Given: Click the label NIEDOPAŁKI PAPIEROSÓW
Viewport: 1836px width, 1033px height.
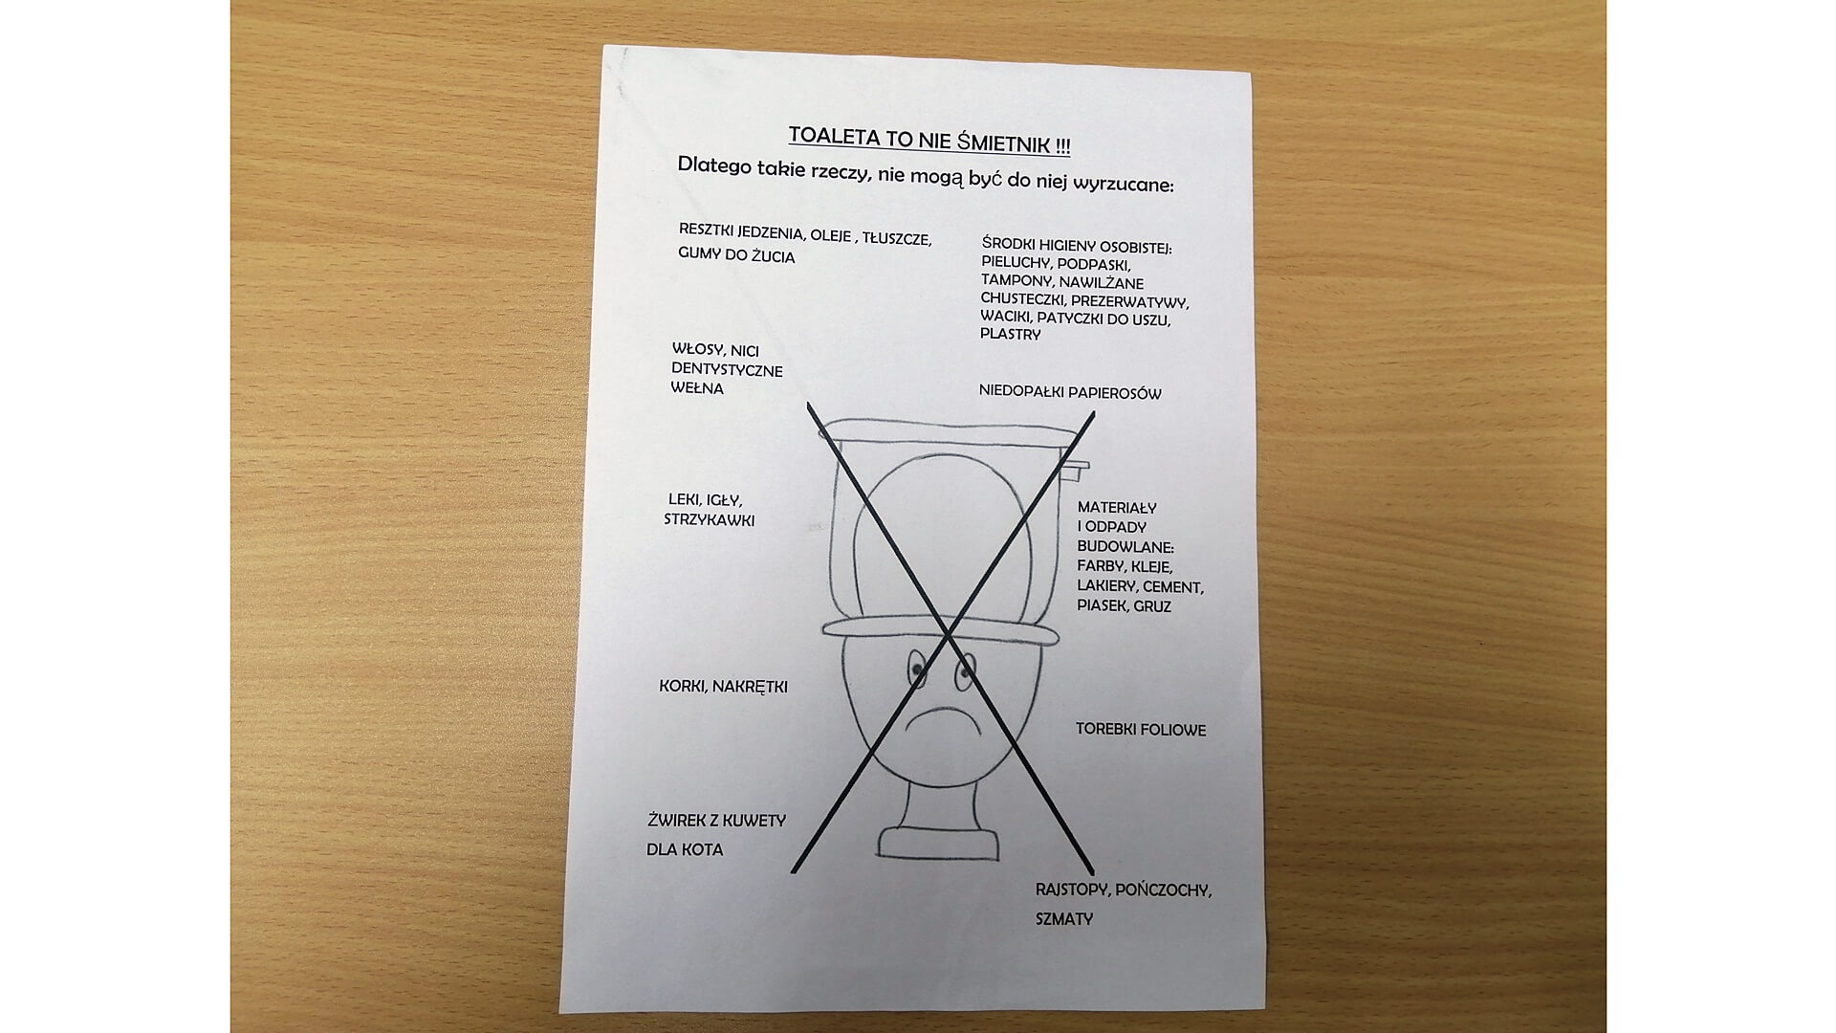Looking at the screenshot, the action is point(1070,392).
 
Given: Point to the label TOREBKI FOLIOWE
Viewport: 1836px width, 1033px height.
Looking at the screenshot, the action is point(1141,730).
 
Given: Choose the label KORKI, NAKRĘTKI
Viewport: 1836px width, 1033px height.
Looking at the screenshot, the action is point(724,687).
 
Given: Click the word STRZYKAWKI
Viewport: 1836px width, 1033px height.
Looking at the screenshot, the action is point(710,520).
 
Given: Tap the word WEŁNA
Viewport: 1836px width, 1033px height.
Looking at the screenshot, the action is point(697,388).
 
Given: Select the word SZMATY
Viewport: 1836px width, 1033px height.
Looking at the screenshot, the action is point(1064,919).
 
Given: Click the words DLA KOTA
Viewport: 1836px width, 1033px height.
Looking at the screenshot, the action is point(685,849).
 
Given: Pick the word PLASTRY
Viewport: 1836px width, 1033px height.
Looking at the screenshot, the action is point(1010,335).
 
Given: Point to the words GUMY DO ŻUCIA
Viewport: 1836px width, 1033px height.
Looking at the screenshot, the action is point(736,256).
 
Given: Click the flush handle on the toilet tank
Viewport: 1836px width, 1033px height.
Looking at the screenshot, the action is point(1077,469).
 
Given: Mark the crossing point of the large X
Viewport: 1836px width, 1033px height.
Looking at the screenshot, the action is point(948,635).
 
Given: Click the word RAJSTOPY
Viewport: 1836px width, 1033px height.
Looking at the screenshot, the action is point(1072,889).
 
